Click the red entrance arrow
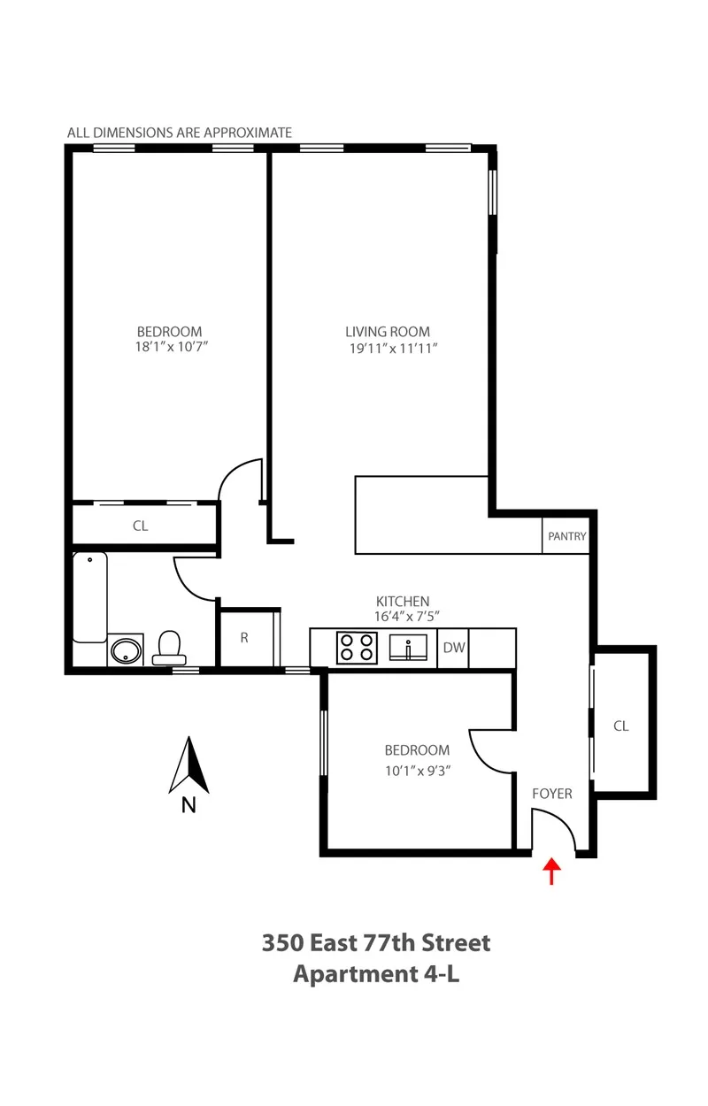point(551,871)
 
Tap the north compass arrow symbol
point(189,765)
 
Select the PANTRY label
point(566,536)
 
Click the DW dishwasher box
point(453,648)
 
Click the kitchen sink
point(410,648)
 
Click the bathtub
point(89,597)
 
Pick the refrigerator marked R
point(244,637)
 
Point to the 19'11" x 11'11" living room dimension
point(393,349)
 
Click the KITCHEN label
point(402,601)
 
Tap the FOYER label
point(551,794)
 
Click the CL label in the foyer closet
point(621,726)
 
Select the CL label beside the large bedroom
point(140,526)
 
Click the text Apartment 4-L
point(375,974)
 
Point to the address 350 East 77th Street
point(375,942)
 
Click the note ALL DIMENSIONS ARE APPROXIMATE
point(180,133)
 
